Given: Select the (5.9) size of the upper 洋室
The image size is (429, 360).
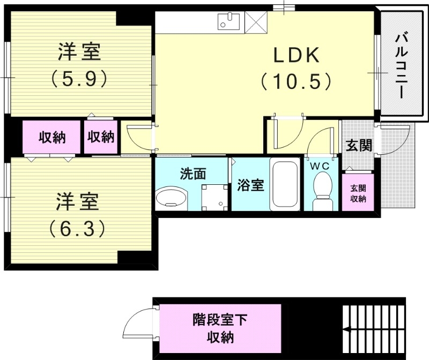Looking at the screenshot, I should (79, 79).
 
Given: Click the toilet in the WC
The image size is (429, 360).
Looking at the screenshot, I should (322, 195).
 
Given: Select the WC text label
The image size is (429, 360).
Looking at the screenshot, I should (321, 166).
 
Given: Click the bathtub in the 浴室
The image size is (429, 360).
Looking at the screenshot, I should (285, 185).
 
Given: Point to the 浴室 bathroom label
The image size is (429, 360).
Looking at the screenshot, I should (250, 186).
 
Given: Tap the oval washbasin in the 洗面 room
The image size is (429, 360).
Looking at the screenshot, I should (171, 198).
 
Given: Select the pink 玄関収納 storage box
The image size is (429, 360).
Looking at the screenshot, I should (358, 193).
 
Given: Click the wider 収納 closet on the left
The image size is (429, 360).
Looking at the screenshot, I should (51, 137).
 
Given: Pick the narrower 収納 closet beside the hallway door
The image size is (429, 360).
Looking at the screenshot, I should (101, 137).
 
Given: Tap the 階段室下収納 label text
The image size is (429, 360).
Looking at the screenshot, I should (220, 329).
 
